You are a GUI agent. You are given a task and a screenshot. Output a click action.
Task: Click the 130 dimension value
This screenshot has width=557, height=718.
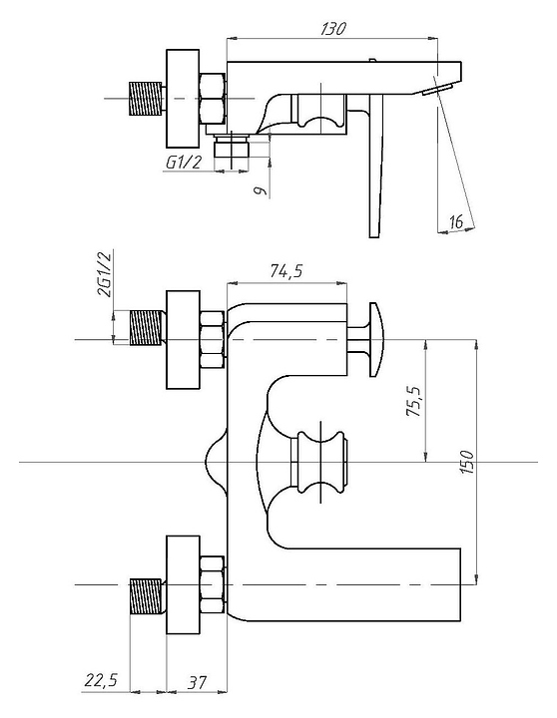coord(332,29)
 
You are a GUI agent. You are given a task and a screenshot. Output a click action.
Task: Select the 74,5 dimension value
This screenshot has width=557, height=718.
coord(286,271)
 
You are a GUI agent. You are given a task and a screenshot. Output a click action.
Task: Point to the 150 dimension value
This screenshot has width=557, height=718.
coord(466,462)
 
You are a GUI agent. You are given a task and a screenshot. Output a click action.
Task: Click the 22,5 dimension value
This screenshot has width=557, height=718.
coord(101,680)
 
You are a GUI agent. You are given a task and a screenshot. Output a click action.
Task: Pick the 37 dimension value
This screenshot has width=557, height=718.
coord(197,683)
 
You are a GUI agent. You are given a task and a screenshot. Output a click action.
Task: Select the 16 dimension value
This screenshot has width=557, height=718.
coord(456,222)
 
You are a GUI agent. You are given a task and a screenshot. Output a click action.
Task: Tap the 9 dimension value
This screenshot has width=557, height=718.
coord(260,190)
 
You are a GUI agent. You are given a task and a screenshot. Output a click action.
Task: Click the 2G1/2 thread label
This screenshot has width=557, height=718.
coord(105,274)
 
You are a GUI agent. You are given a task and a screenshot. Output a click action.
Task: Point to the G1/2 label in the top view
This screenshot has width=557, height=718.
coord(183,163)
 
